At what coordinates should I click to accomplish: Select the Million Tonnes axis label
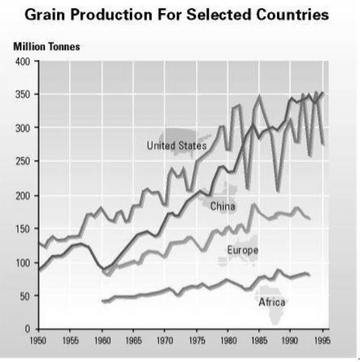pyautogui.click(x=46, y=48)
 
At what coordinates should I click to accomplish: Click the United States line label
pyautogui.click(x=177, y=145)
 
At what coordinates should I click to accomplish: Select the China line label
pyautogui.click(x=222, y=206)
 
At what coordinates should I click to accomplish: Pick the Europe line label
pyautogui.click(x=243, y=250)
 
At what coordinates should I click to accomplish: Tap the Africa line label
pyautogui.click(x=271, y=302)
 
